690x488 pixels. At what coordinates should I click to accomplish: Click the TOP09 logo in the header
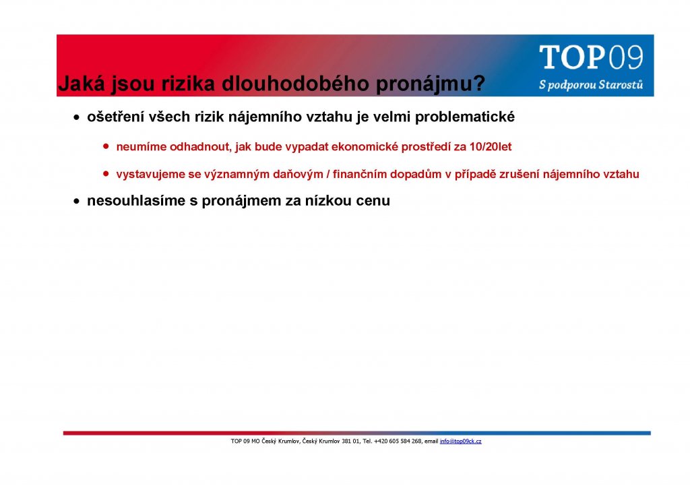[591, 57]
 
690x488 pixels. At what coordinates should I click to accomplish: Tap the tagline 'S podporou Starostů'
[591, 84]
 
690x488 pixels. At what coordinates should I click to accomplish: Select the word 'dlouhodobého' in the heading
[295, 83]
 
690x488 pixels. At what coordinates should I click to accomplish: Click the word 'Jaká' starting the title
[82, 83]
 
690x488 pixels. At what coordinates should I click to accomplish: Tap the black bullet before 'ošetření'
[77, 118]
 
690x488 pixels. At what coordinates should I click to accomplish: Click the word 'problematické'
[465, 117]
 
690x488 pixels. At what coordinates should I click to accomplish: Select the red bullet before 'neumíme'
[106, 146]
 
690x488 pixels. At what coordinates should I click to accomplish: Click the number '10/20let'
[491, 146]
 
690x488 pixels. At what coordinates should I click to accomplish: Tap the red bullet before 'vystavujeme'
[106, 174]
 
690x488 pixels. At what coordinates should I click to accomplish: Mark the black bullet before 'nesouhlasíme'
[77, 202]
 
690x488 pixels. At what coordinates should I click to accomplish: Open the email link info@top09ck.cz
[460, 441]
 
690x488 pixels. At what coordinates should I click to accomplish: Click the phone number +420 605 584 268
[398, 441]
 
